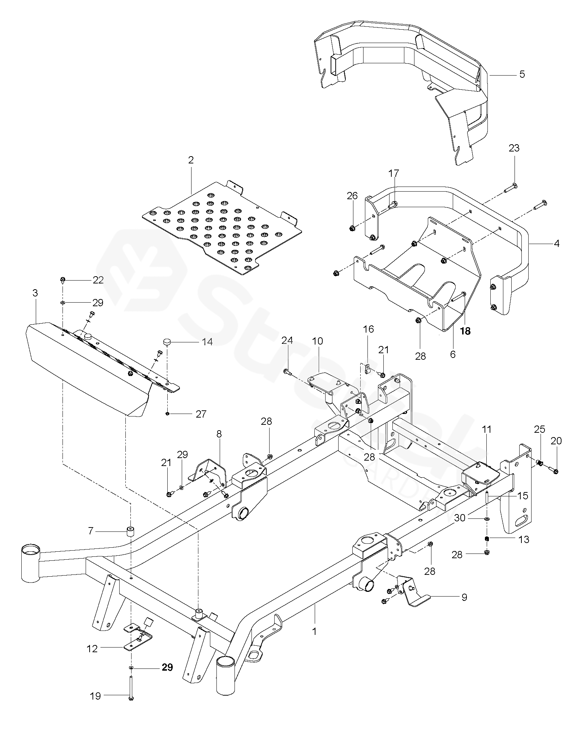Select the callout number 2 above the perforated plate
click(191, 160)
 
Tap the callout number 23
click(514, 148)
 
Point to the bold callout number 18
click(465, 331)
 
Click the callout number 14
click(207, 341)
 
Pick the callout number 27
click(201, 414)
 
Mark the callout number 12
click(93, 649)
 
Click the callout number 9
click(464, 597)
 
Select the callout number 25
click(539, 430)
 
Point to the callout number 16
click(369, 329)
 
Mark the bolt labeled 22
click(63, 279)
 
